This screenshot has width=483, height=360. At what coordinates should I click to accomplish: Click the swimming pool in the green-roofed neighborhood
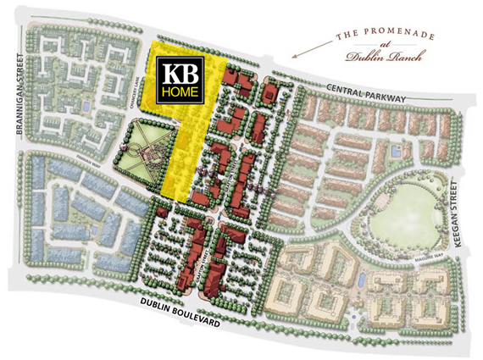pyautogui.click(x=85, y=105)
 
